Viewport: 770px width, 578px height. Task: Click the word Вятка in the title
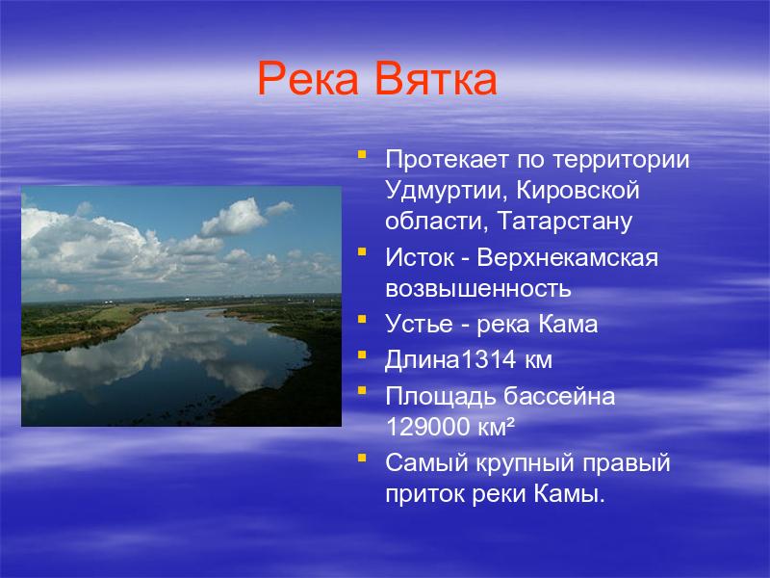[437, 79]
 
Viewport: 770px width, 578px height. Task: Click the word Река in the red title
[308, 80]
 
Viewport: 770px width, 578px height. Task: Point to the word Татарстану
[565, 222]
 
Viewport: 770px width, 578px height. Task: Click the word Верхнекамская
[568, 257]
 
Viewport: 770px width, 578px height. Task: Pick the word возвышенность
[478, 289]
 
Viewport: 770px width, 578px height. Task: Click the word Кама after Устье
[568, 324]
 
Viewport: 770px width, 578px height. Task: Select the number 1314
[488, 359]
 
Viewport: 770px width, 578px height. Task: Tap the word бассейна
[559, 396]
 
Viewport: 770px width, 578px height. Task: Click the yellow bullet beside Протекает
[363, 154]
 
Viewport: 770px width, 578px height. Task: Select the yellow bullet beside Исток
[363, 252]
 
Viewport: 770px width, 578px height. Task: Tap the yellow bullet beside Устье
[363, 319]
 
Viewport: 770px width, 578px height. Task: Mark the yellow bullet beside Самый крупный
[363, 459]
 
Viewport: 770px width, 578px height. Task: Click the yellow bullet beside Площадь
[363, 391]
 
